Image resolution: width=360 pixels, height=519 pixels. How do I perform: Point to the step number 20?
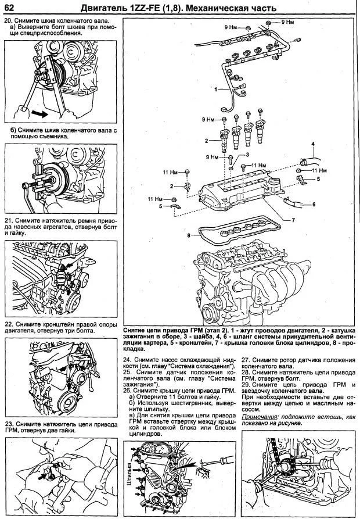click(9, 20)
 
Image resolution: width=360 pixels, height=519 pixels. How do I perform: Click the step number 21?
click(9, 221)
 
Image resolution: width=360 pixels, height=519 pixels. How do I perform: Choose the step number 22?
click(9, 324)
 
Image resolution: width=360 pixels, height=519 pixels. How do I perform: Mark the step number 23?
click(9, 425)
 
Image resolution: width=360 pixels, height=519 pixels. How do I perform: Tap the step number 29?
click(246, 384)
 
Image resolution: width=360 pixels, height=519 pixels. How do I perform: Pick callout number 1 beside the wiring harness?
click(215, 90)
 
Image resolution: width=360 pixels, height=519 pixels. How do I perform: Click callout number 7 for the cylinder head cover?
click(293, 220)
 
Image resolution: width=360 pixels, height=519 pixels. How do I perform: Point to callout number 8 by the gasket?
click(189, 235)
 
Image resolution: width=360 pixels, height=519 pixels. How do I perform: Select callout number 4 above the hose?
click(312, 144)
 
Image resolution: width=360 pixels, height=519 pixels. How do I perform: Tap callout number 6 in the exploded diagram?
click(314, 205)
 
